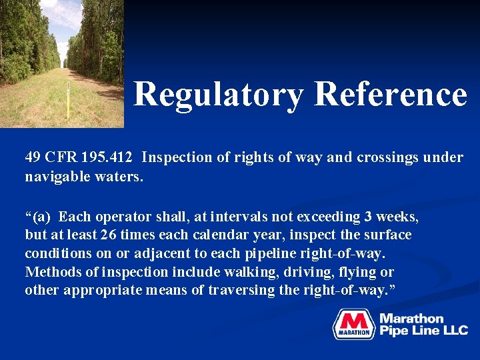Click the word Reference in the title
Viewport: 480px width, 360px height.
(391, 94)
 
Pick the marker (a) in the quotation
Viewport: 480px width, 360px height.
(43, 217)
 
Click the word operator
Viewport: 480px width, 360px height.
(124, 217)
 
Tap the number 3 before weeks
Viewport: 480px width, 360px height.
(368, 217)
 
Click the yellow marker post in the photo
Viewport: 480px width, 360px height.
(68, 100)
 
